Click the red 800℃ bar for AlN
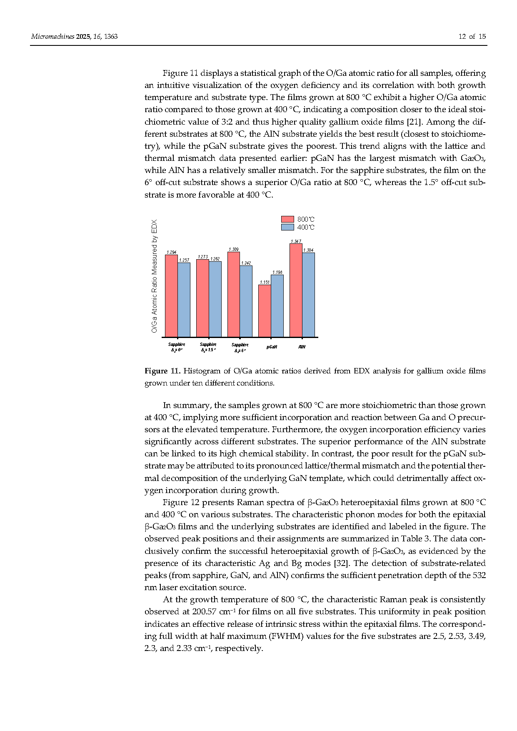[296, 290]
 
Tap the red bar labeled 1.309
[233, 294]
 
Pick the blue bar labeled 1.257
[184, 300]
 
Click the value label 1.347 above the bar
[296, 241]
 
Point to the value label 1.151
[265, 282]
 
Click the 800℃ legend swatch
[287, 219]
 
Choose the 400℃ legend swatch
[287, 227]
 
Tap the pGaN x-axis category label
[272, 347]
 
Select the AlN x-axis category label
[302, 347]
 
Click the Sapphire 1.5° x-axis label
[208, 347]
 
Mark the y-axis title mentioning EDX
[155, 276]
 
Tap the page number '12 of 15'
[472, 37]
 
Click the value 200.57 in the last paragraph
[204, 612]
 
